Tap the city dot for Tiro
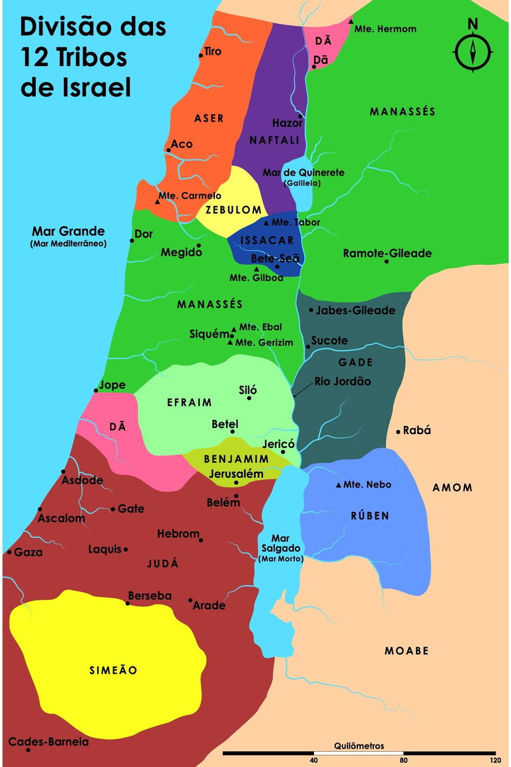(201, 55)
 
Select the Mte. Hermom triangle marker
(351, 22)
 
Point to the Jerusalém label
(236, 474)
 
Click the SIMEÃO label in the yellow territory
(113, 670)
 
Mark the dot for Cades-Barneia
(28, 750)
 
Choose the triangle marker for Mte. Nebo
(339, 485)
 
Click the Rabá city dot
(398, 431)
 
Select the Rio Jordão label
(343, 382)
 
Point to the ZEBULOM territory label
(233, 210)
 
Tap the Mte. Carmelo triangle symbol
(158, 201)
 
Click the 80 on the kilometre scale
(404, 760)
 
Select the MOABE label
(407, 650)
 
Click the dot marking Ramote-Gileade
(386, 261)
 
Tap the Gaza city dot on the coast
(9, 552)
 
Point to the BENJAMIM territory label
(236, 459)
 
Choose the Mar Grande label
(69, 232)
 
